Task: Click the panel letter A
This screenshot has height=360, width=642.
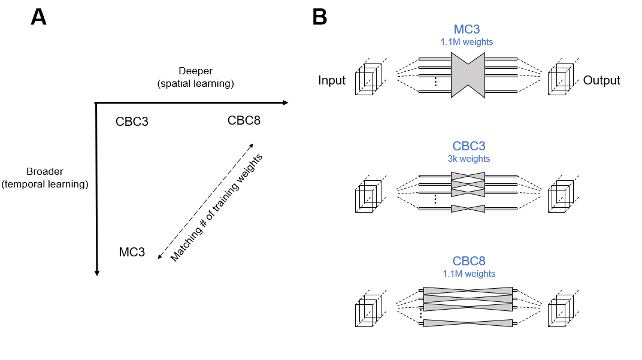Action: tap(38, 17)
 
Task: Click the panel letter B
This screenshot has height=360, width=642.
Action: tap(320, 17)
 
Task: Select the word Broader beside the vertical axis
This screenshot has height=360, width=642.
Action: tap(45, 172)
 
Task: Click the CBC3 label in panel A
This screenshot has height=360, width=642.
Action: tap(132, 122)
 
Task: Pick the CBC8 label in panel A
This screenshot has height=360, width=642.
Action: tap(244, 120)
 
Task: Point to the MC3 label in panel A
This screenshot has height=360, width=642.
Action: tap(132, 252)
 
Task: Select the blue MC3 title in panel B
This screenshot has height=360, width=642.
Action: tap(468, 30)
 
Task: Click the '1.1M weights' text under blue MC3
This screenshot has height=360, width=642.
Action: tap(468, 42)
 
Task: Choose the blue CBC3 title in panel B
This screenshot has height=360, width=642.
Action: tap(469, 146)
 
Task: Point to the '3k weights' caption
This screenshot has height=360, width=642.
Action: tap(469, 159)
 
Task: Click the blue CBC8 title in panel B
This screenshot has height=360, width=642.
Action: tap(469, 261)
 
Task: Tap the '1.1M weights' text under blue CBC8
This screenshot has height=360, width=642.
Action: tap(469, 274)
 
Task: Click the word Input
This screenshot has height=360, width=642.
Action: tap(332, 80)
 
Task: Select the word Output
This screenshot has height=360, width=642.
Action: tap(601, 80)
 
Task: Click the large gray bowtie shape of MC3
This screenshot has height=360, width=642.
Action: tap(468, 75)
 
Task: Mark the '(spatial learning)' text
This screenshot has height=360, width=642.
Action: tap(195, 83)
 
